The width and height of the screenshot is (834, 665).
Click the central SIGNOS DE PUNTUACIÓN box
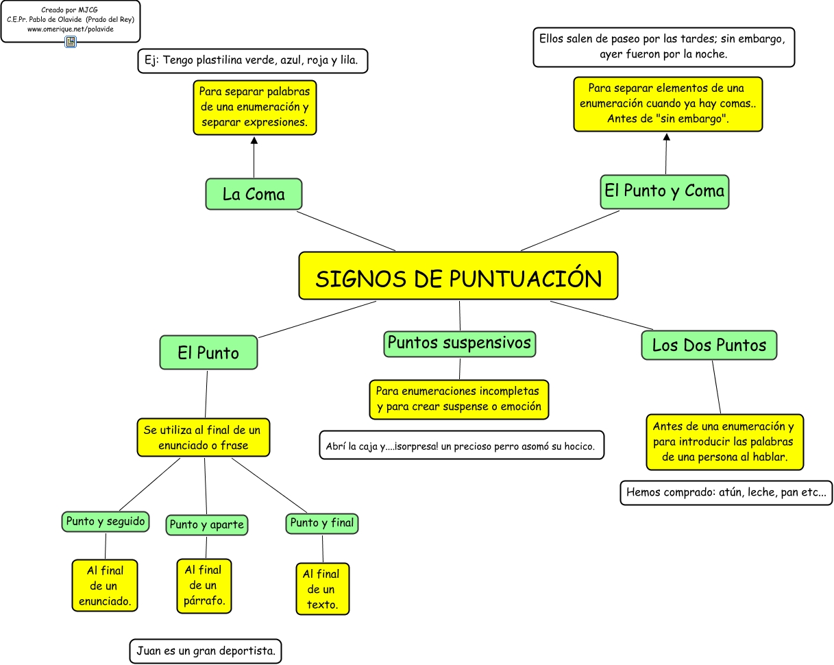[x=458, y=276]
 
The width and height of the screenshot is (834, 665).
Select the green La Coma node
[x=254, y=194]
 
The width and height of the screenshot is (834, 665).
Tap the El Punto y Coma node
[x=664, y=191]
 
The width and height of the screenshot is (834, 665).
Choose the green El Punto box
[x=208, y=352]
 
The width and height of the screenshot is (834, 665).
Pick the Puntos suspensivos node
[x=459, y=343]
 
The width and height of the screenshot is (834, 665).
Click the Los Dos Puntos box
[x=709, y=345]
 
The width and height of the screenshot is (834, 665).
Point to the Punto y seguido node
[x=106, y=522]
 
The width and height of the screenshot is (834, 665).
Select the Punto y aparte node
[x=206, y=525]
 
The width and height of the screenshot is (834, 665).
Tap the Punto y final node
[x=322, y=523]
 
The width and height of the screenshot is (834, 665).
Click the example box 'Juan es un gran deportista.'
[x=206, y=651]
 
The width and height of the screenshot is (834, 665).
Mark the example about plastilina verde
[x=253, y=60]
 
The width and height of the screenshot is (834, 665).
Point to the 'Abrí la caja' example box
[x=461, y=446]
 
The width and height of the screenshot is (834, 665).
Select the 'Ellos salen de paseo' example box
[x=663, y=47]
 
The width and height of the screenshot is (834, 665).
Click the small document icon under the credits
[x=71, y=42]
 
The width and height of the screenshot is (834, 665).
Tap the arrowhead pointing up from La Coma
[x=254, y=141]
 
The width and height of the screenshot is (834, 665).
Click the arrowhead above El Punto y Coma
[x=666, y=137]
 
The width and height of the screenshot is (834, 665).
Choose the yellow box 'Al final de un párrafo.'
[x=204, y=586]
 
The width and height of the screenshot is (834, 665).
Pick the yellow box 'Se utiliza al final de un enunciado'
[x=203, y=437]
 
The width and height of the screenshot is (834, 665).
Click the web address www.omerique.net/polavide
[x=70, y=29]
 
